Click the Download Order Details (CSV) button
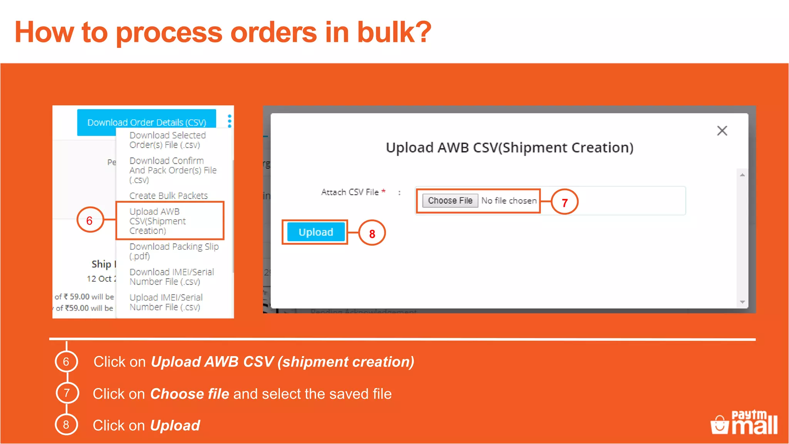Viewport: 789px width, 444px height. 146,122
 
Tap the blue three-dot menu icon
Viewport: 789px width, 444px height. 230,121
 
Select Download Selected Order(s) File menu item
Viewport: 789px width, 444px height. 168,140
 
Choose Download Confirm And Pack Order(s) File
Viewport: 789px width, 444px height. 173,170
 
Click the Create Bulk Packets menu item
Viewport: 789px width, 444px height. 168,195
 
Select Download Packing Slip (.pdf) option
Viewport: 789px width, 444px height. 174,251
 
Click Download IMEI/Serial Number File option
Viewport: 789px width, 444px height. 171,276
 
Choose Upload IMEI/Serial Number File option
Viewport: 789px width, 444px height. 166,302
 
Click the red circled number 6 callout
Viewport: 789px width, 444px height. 90,220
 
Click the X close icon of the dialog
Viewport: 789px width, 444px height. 722,131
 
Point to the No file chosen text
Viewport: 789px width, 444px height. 509,201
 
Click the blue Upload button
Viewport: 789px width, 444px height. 316,232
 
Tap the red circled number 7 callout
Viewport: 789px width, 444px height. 564,202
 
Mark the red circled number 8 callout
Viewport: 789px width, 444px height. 372,234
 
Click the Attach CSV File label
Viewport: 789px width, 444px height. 350,192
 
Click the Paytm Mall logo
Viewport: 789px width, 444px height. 744,423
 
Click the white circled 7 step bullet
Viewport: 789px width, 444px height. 67,393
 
